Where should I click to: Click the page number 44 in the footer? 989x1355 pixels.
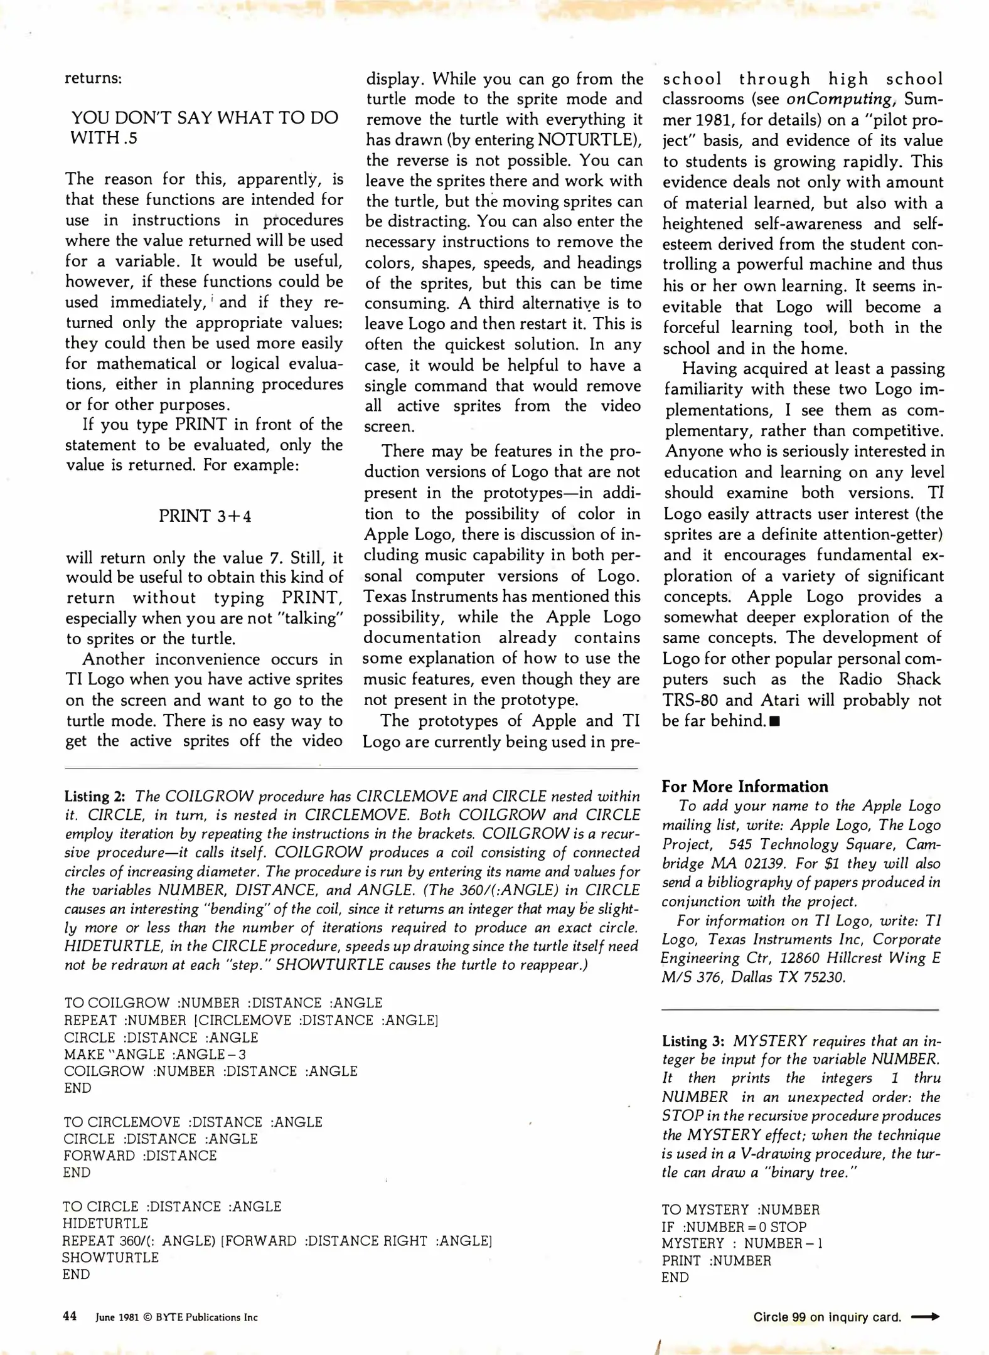pyautogui.click(x=70, y=1316)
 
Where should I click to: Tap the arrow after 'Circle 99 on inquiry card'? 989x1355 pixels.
pyautogui.click(x=926, y=1317)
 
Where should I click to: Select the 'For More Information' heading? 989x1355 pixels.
pyautogui.click(x=744, y=787)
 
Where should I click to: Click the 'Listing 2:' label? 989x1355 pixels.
pyautogui.click(x=95, y=797)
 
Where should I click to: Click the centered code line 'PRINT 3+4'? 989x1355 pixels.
pyautogui.click(x=205, y=516)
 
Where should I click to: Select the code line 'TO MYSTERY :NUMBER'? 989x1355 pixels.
pyautogui.click(x=740, y=1210)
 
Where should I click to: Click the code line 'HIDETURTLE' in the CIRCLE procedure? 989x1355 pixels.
pyautogui.click(x=105, y=1223)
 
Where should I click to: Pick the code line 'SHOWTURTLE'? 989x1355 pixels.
pyautogui.click(x=110, y=1257)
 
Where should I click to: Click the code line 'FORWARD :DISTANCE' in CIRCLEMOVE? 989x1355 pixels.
pyautogui.click(x=139, y=1156)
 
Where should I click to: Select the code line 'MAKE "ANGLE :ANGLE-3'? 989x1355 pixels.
pyautogui.click(x=155, y=1055)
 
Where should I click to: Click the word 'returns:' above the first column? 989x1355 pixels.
pyautogui.click(x=93, y=79)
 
